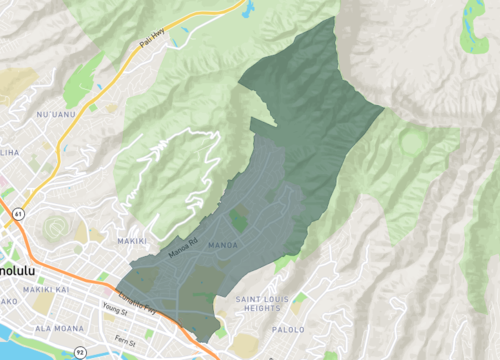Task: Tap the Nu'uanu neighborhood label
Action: coord(56,115)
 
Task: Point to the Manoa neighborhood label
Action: coord(221,242)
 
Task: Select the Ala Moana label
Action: coord(58,328)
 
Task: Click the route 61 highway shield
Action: coord(18,213)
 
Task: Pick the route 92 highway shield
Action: coord(79,352)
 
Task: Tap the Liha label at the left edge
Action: coord(9,152)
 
